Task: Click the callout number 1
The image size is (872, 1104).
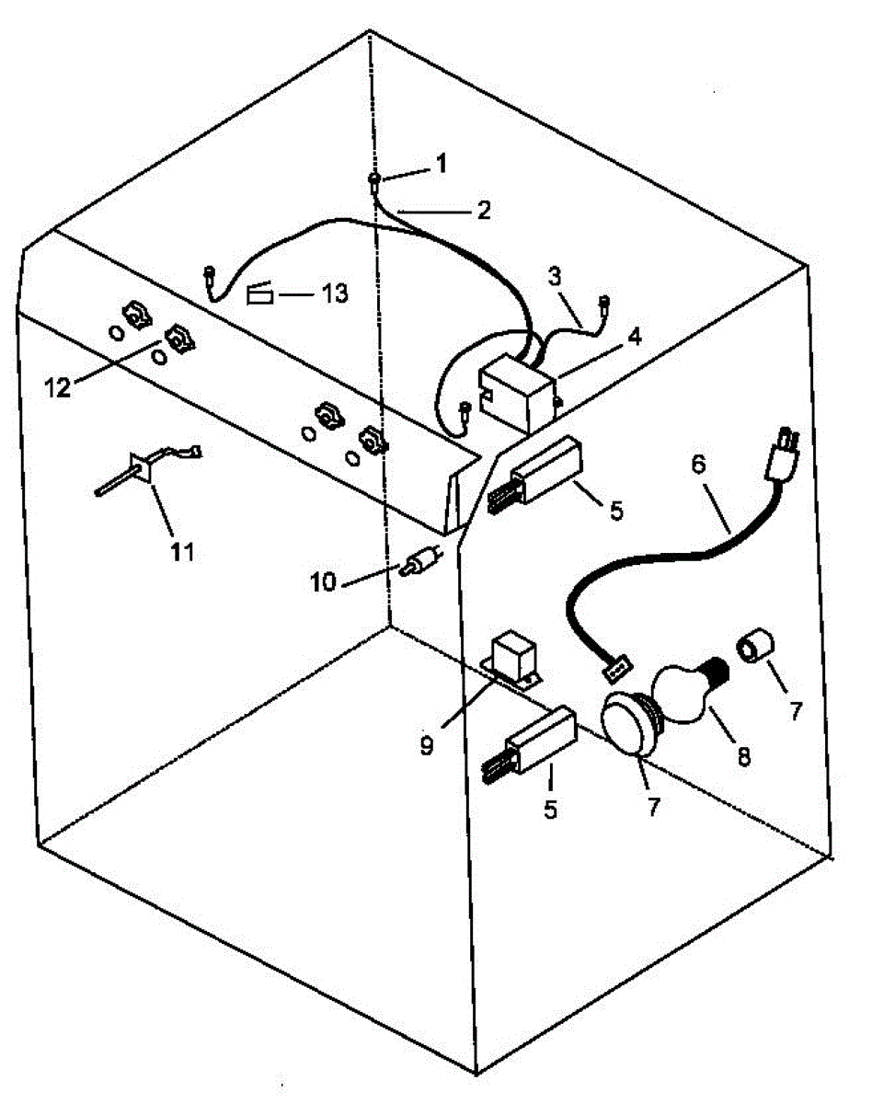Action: coord(441,164)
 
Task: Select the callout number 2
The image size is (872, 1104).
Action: coord(483,210)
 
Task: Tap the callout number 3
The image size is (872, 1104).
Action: coord(555,277)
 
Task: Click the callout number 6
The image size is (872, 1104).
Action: coord(698,466)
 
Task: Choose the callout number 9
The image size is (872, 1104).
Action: coord(426,746)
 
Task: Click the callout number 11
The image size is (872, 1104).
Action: coord(181,551)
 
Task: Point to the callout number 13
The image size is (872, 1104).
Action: coord(334,294)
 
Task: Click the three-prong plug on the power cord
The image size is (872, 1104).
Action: coord(783,452)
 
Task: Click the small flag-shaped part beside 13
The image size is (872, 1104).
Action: coord(260,294)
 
